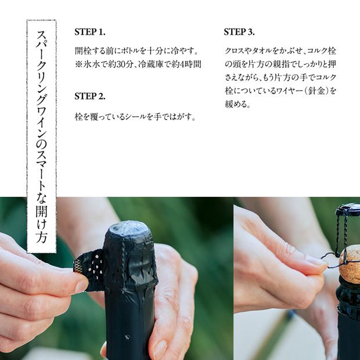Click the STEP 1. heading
[90, 32]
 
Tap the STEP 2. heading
[90, 96]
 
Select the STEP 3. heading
[239, 32]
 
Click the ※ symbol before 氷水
[78, 64]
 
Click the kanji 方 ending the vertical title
[42, 236]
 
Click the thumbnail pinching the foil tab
[81, 286]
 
